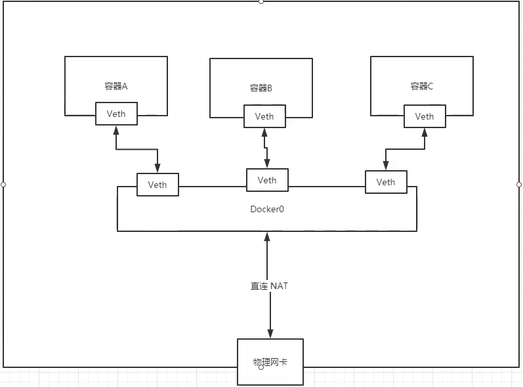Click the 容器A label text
115,86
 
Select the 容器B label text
261,88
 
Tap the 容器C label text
421,86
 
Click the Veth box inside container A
116,114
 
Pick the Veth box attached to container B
264,116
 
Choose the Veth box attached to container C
425,116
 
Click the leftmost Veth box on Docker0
157,185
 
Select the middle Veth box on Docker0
267,180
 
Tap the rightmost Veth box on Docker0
386,182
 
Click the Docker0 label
267,209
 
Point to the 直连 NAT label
269,286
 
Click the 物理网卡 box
270,362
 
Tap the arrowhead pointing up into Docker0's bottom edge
267,237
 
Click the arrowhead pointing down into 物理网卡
270,334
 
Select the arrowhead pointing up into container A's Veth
116,130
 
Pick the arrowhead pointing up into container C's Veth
425,133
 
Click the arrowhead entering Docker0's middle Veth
267,164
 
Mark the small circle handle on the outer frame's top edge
261,2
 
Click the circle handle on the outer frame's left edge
3,185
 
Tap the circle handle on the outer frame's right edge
519,185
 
